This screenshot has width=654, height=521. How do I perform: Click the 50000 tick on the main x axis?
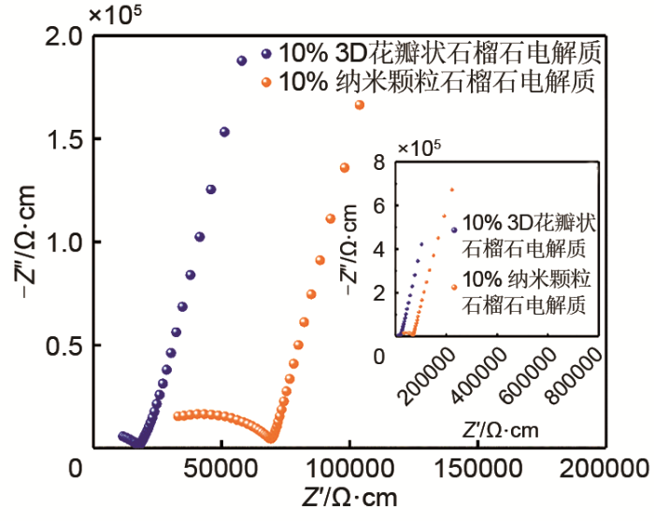[220, 466]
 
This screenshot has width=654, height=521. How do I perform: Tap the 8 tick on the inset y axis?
[379, 162]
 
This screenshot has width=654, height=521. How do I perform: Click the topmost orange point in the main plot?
[360, 106]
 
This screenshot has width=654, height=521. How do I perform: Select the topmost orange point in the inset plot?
[452, 190]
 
